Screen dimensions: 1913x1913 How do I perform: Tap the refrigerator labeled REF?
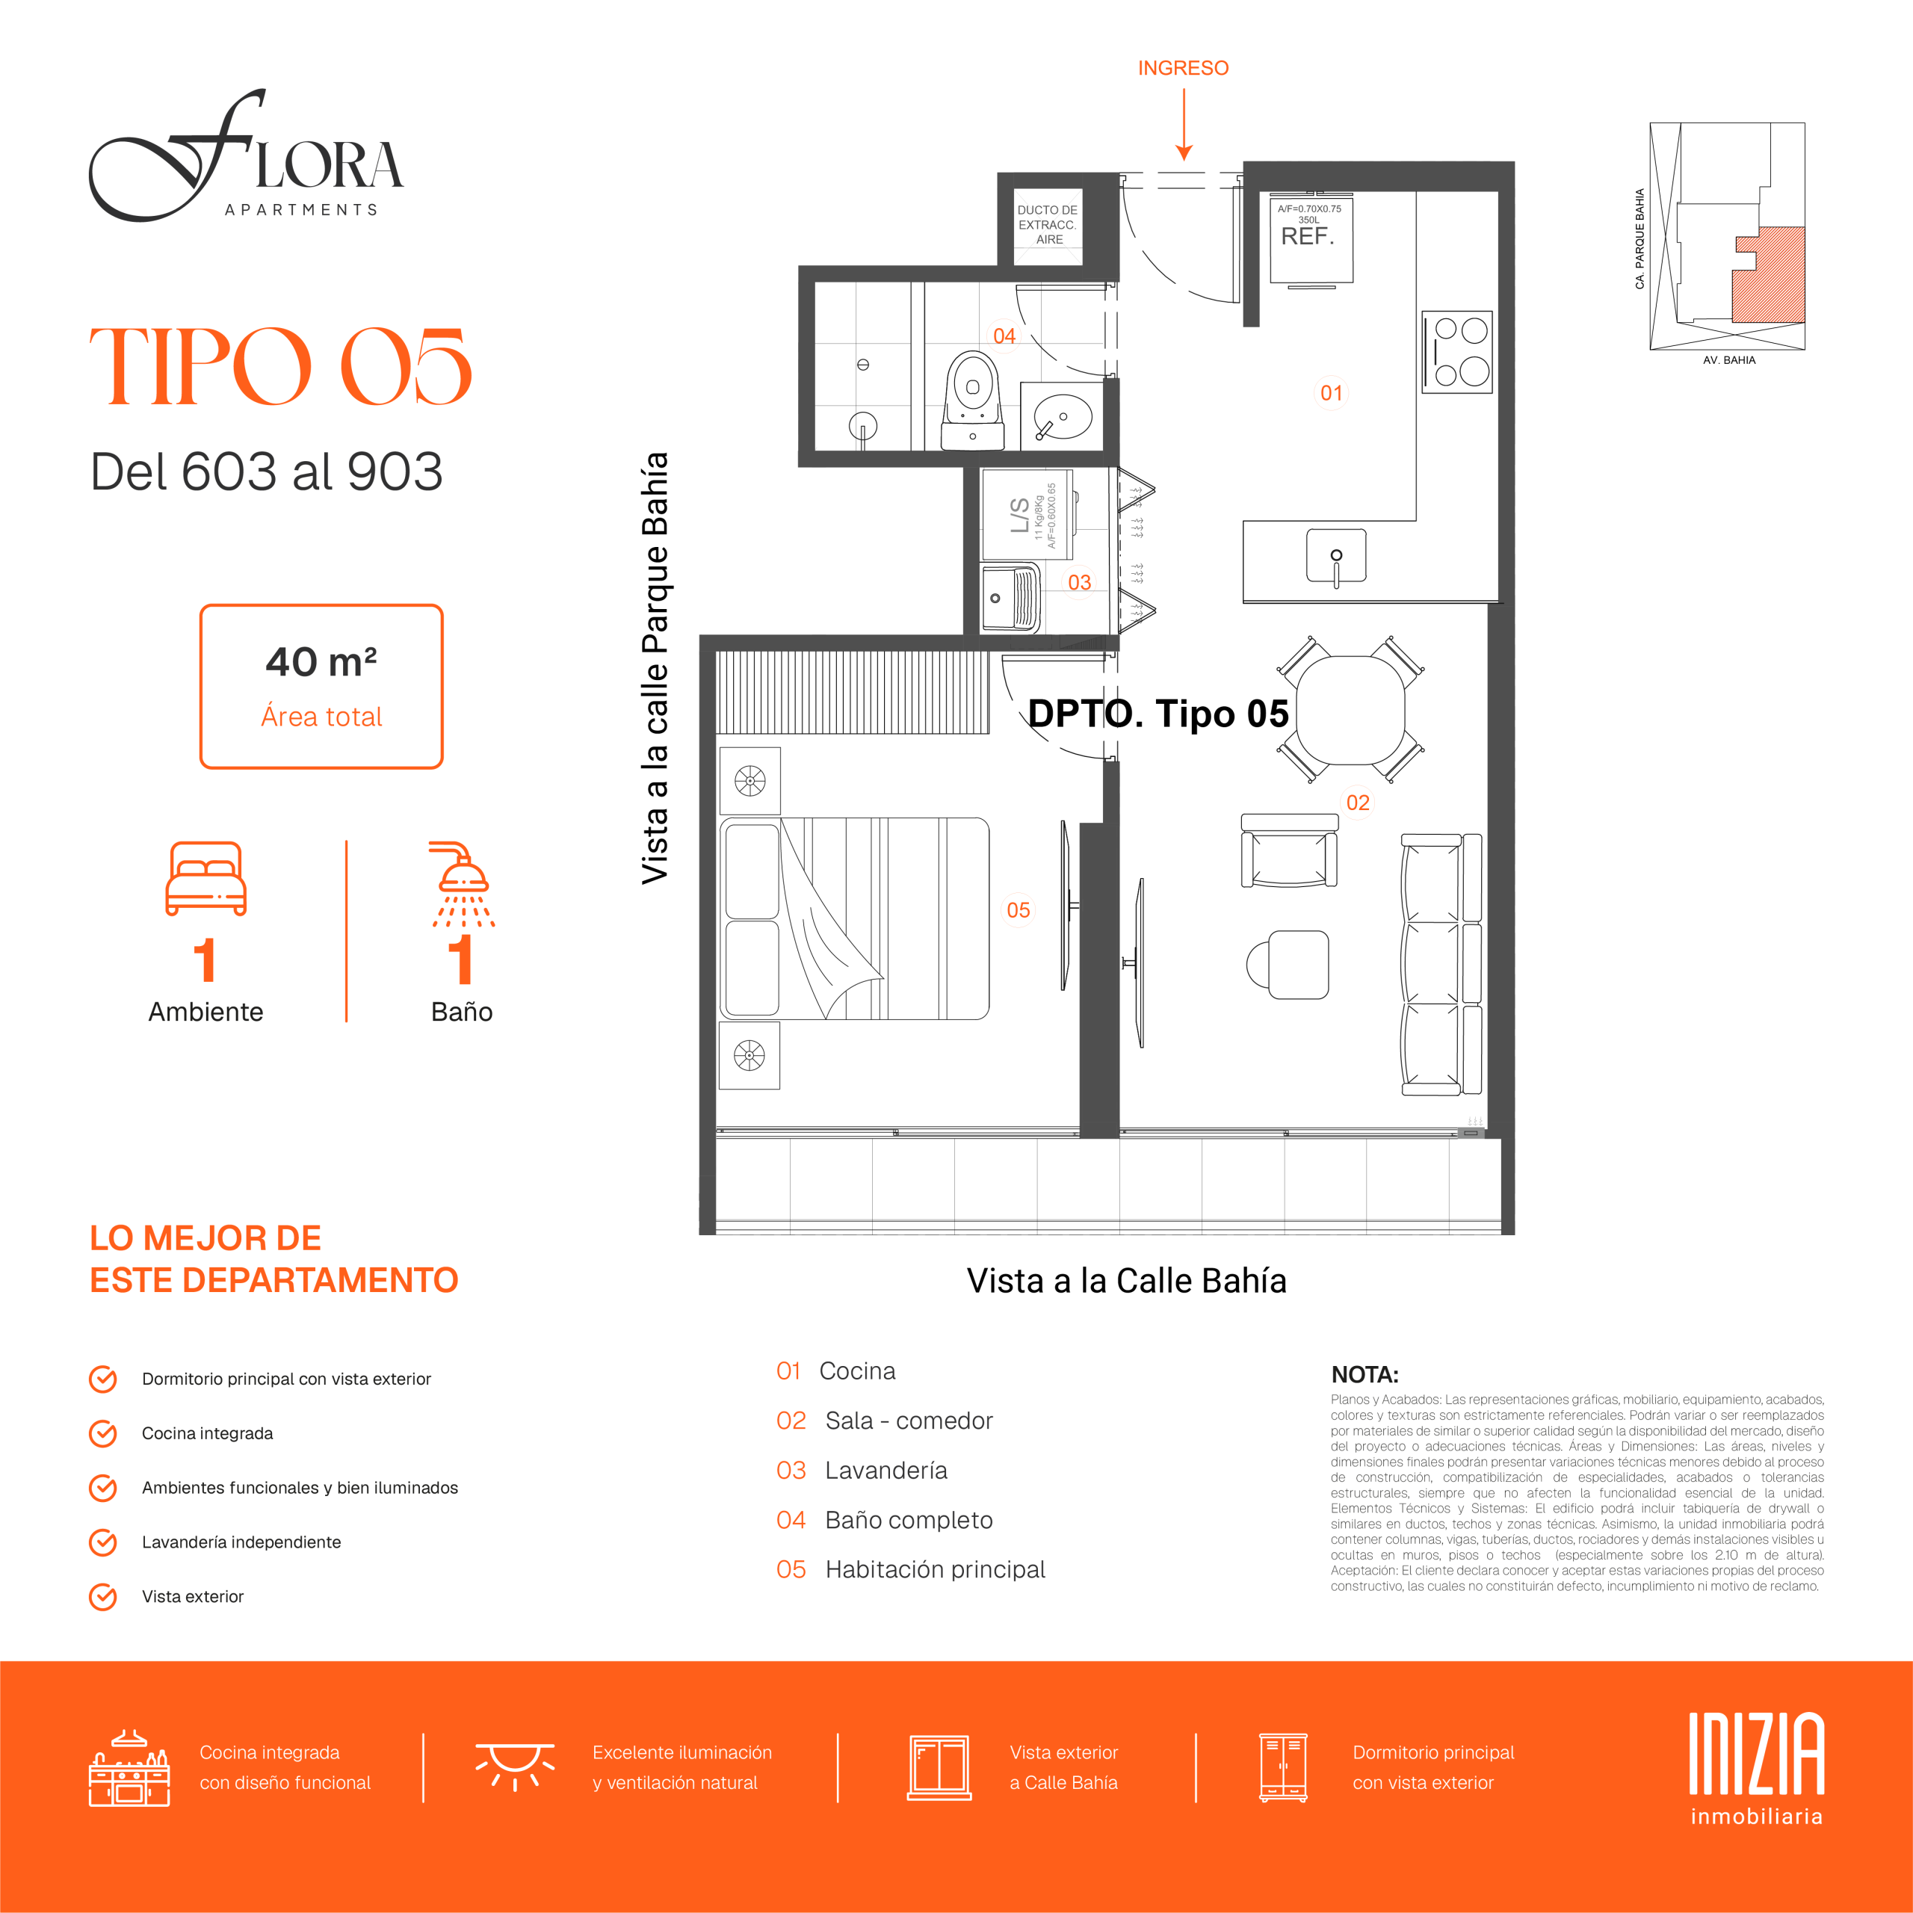coord(1311,241)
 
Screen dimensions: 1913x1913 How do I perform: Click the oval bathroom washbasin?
coord(1063,418)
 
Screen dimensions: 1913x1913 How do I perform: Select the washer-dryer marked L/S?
coord(1027,514)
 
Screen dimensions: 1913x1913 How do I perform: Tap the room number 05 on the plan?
coord(1018,910)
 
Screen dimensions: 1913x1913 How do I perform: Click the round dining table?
coord(1350,710)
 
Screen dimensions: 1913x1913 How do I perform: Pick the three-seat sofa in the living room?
coord(1441,965)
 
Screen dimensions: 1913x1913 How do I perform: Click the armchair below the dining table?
coord(1289,850)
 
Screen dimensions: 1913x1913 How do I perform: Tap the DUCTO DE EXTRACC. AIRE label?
coord(1048,225)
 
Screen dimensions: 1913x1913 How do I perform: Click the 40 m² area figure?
coord(321,661)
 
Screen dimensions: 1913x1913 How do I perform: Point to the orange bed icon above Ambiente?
coord(206,878)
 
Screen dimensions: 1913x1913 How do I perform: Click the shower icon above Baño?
coord(463,884)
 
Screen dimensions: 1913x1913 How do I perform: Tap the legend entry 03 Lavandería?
coord(862,1471)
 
